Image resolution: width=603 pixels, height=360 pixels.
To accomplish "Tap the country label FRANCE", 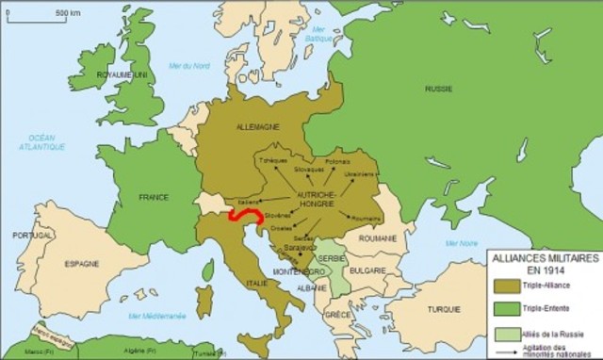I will pos(154,197).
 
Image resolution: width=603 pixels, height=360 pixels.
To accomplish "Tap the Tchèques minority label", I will pos(272,161).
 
